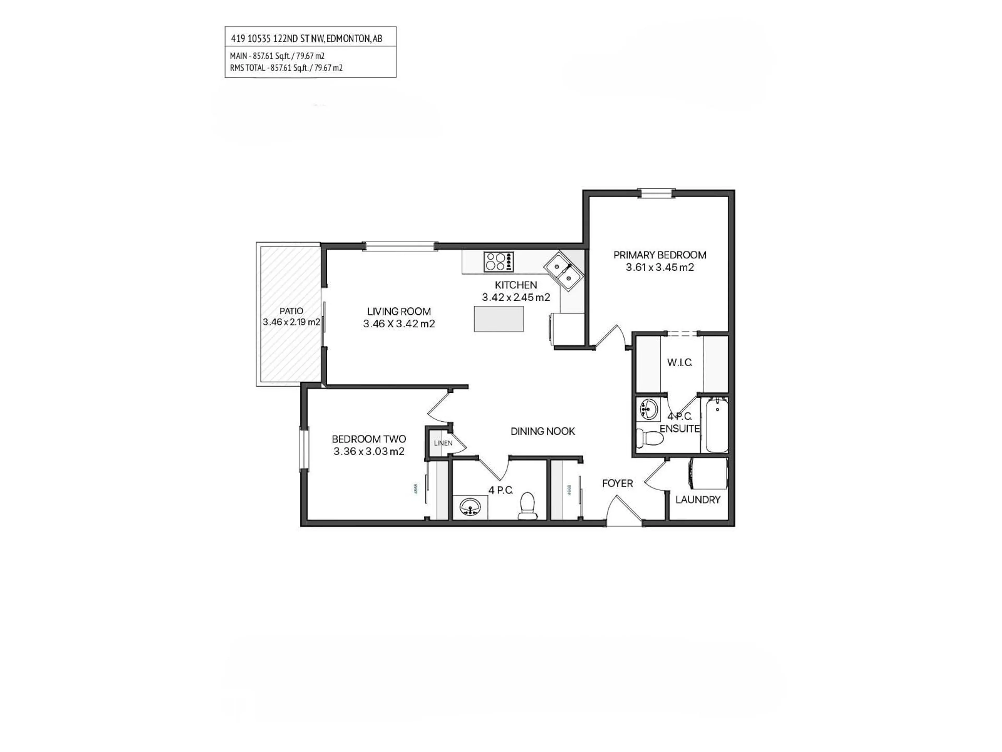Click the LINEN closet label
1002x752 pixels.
pyautogui.click(x=443, y=443)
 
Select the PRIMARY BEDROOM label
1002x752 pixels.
pyautogui.click(x=660, y=255)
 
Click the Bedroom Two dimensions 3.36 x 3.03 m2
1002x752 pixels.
pyautogui.click(x=369, y=451)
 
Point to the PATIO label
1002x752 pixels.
pyautogui.click(x=291, y=311)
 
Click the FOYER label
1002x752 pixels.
pyautogui.click(x=617, y=483)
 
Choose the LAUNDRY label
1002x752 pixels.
pyautogui.click(x=697, y=500)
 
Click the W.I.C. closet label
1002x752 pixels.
pyautogui.click(x=679, y=363)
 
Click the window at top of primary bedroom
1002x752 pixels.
pyautogui.click(x=656, y=193)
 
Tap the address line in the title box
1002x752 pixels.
pyautogui.click(x=306, y=39)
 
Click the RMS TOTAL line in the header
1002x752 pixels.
pyautogui.click(x=286, y=68)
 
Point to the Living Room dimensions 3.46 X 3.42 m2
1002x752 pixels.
pyautogui.click(x=399, y=324)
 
